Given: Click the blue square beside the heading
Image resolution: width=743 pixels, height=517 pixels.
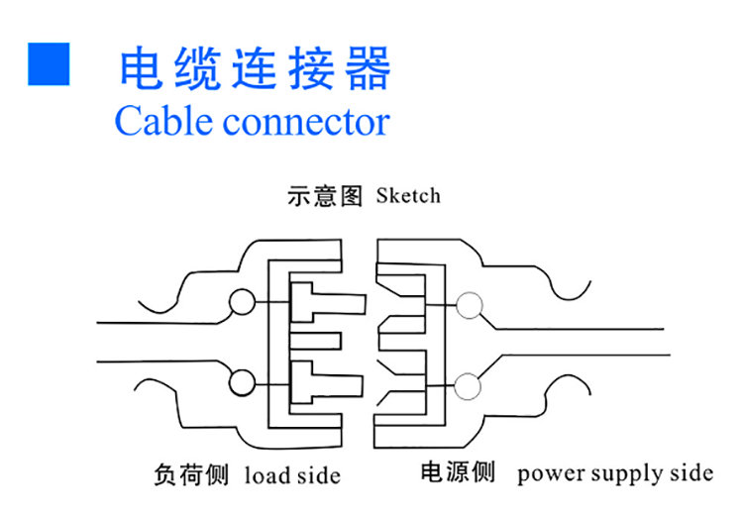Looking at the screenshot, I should coord(49,63).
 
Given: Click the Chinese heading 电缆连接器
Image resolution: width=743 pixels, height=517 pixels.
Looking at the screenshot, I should coord(255,67).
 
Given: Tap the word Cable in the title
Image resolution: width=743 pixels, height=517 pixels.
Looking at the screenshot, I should coord(163,122).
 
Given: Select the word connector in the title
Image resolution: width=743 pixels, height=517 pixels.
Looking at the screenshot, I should coord(306,123).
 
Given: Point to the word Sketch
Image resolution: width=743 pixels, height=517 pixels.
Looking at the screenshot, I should coord(408,195).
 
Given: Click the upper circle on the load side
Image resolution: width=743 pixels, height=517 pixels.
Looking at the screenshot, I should coord(241,302).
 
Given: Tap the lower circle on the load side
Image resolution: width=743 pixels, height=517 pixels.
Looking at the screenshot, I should coord(241,380).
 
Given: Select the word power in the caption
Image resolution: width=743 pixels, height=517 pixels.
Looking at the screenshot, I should coord(550,473).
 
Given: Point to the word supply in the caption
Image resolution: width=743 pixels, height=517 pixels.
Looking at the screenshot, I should coord(628,474).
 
